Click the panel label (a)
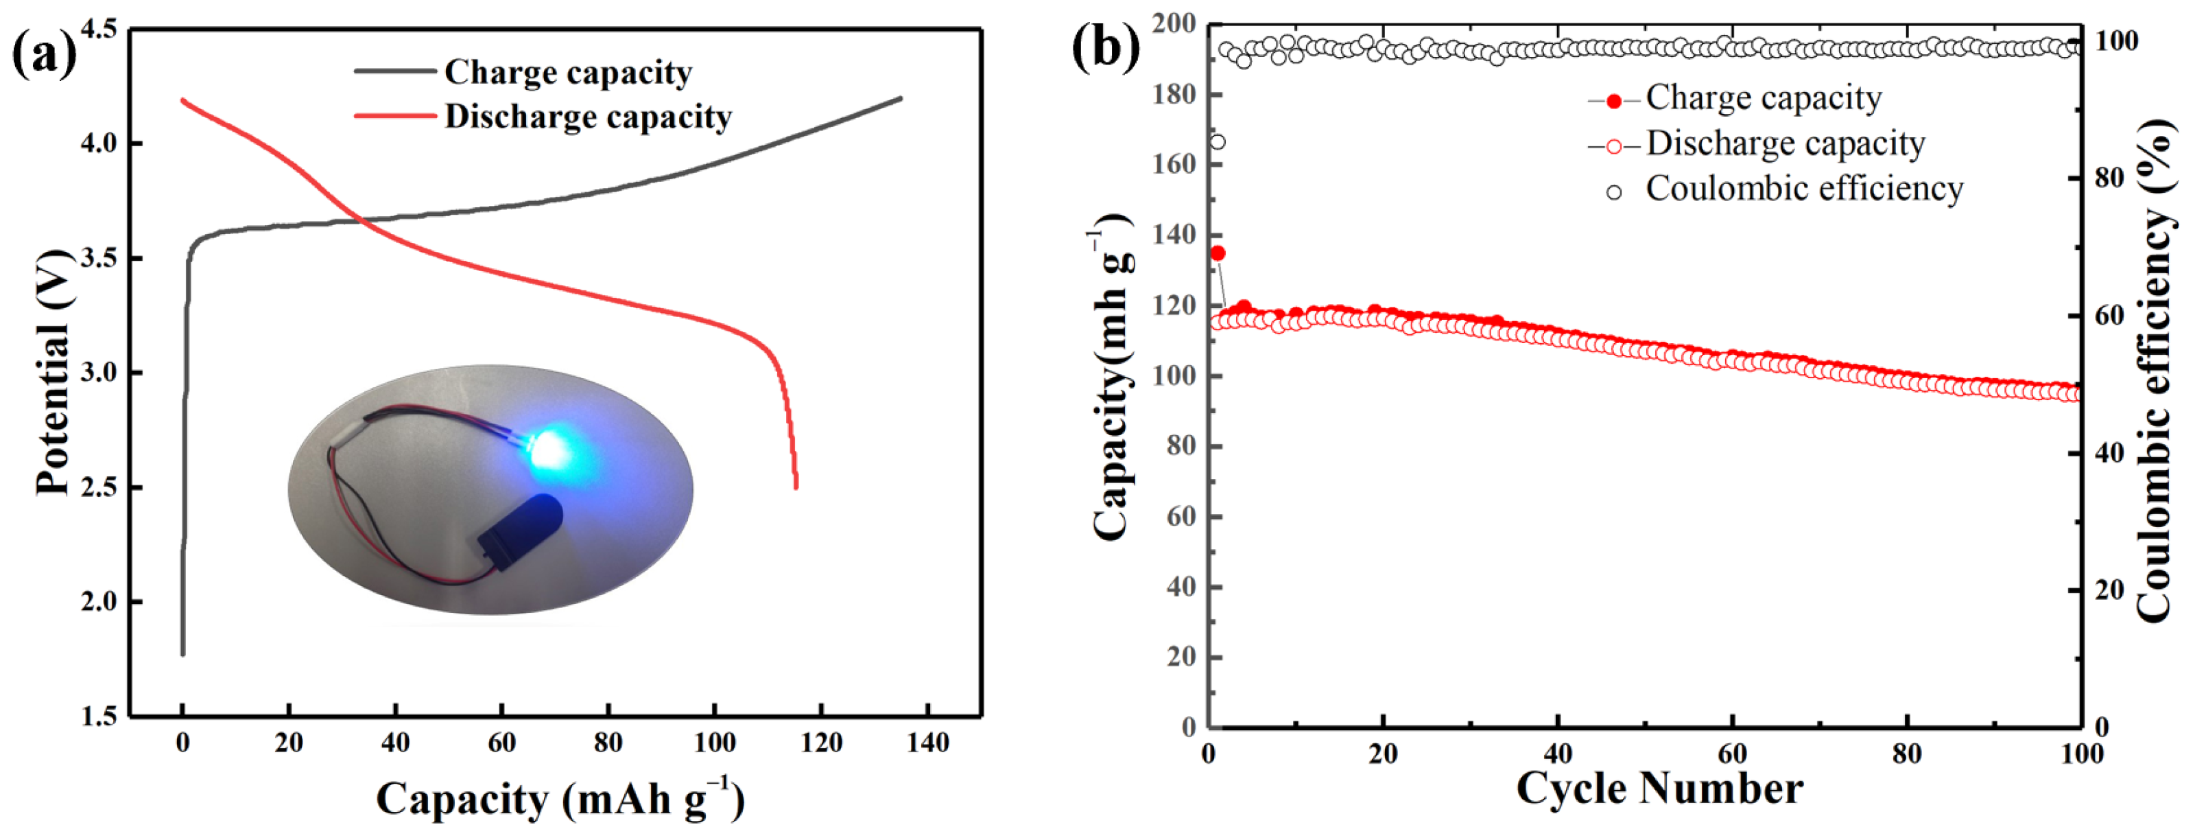(x=43, y=53)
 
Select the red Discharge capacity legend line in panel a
(x=395, y=116)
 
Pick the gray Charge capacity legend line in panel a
(x=395, y=71)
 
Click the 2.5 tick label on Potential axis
(x=98, y=487)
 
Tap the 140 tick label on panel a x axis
(x=927, y=743)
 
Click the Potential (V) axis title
(x=53, y=373)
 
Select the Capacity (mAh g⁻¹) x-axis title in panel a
(x=560, y=800)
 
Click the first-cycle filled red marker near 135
(x=1218, y=253)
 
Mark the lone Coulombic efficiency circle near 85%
(x=1218, y=141)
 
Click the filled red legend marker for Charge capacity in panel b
(x=1614, y=102)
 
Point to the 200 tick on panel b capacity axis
(x=1174, y=24)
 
